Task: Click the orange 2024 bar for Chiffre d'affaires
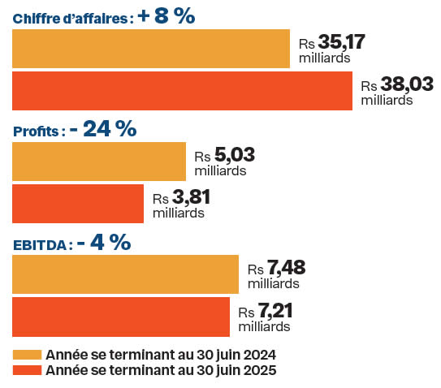click(x=151, y=49)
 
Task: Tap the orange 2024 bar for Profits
click(x=99, y=161)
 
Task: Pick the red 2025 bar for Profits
click(x=78, y=203)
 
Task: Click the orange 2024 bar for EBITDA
click(x=125, y=274)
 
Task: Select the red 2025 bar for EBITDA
click(x=121, y=316)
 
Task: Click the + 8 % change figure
click(x=166, y=16)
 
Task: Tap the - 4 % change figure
click(x=104, y=242)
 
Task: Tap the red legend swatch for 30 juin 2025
click(x=27, y=370)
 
